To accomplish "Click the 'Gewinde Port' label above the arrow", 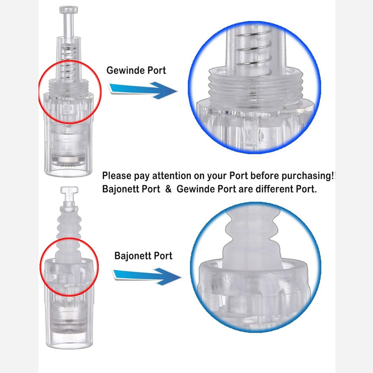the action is (x=136, y=70).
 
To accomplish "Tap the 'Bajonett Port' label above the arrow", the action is (x=143, y=256).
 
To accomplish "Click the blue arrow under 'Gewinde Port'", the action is (x=143, y=90).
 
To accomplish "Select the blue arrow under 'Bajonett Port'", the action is (x=147, y=276).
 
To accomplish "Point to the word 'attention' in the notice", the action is (x=172, y=176).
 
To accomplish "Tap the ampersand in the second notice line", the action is (x=168, y=189).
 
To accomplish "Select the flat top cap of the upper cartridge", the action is (x=69, y=10).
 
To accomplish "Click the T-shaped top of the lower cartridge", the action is (x=69, y=190).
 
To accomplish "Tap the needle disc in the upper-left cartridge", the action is (x=68, y=160).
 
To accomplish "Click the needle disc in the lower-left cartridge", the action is (x=69, y=328).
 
